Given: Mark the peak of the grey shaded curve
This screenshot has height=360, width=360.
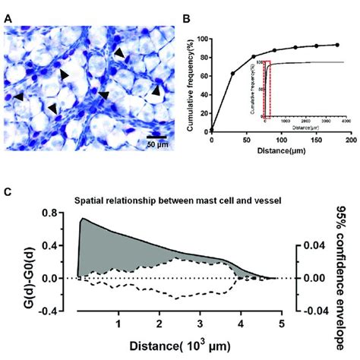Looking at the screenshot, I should coord(83,218).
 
